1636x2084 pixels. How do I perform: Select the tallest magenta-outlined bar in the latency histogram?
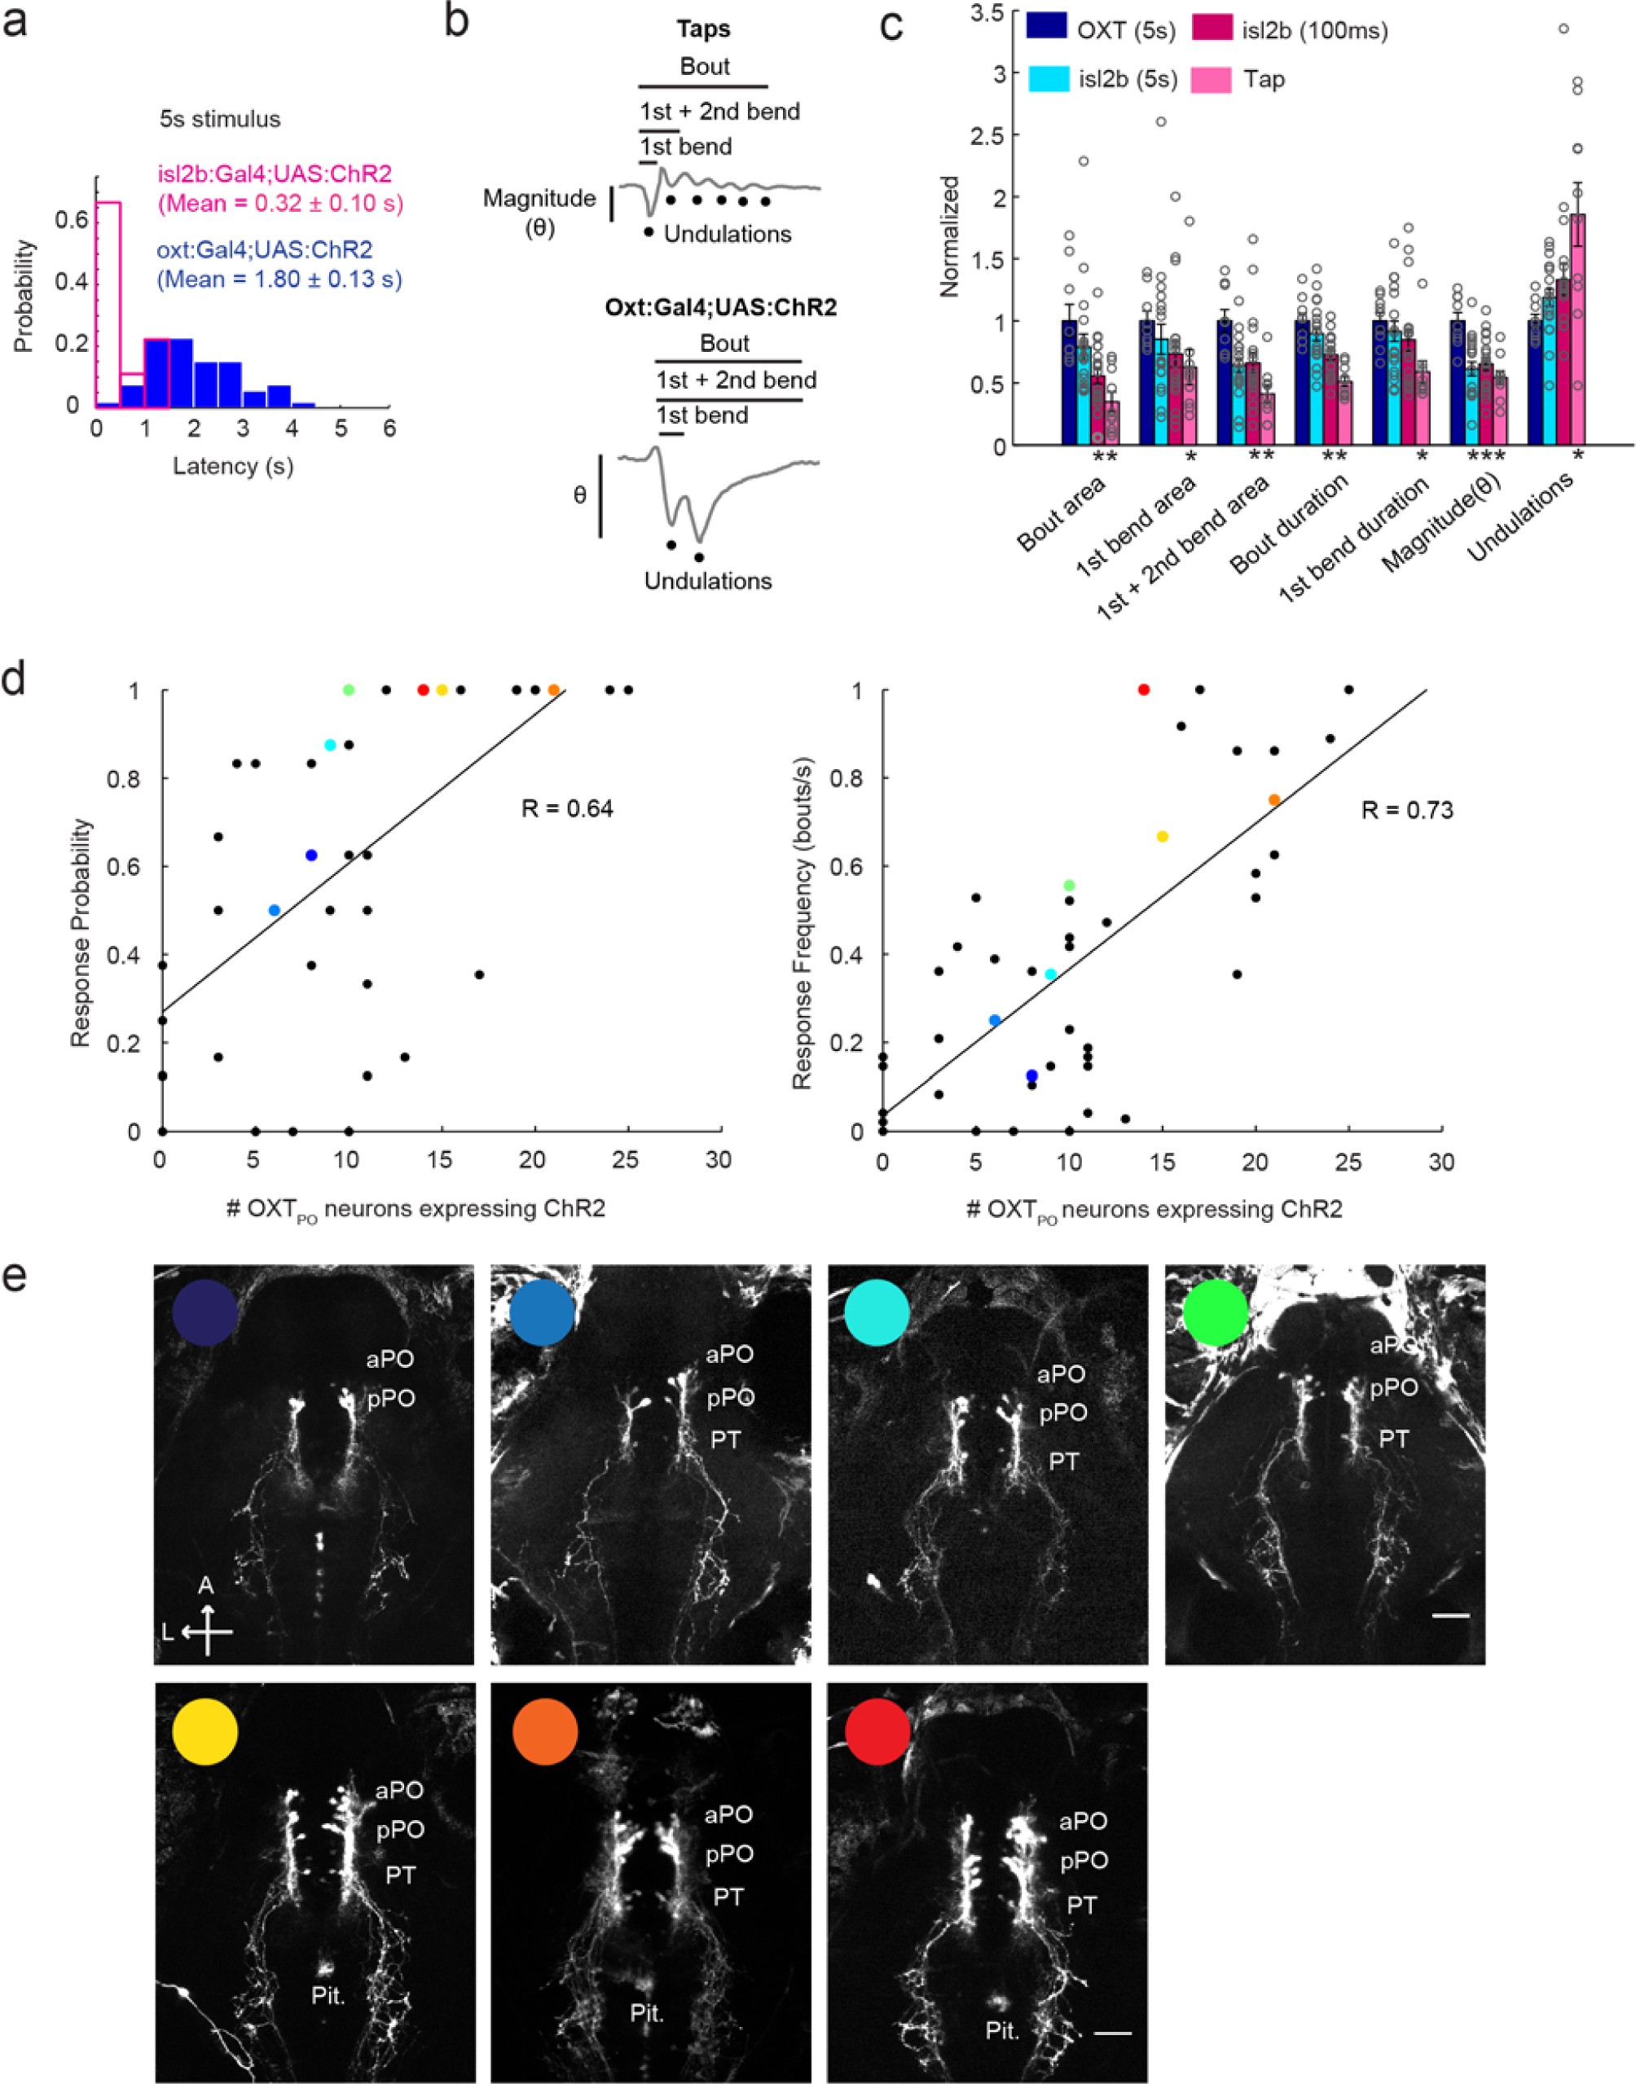[108, 301]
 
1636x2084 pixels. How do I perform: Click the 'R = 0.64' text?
[567, 809]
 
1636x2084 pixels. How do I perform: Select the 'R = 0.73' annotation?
[1406, 811]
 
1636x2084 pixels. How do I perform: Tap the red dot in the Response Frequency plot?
[1143, 689]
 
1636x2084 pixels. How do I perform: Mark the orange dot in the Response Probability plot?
[554, 689]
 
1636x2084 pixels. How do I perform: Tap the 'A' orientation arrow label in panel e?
[206, 1586]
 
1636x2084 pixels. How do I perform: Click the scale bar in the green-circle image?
[1451, 1616]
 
